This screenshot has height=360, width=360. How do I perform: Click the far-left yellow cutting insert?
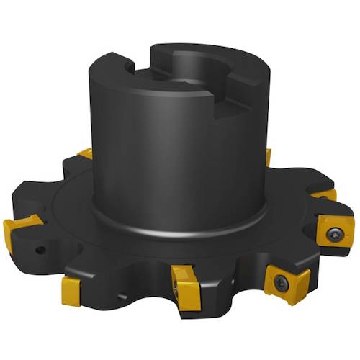[x=19, y=230]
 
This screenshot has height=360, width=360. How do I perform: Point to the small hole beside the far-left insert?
[x=40, y=251]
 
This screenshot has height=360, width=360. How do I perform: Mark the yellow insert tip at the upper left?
[x=85, y=153]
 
